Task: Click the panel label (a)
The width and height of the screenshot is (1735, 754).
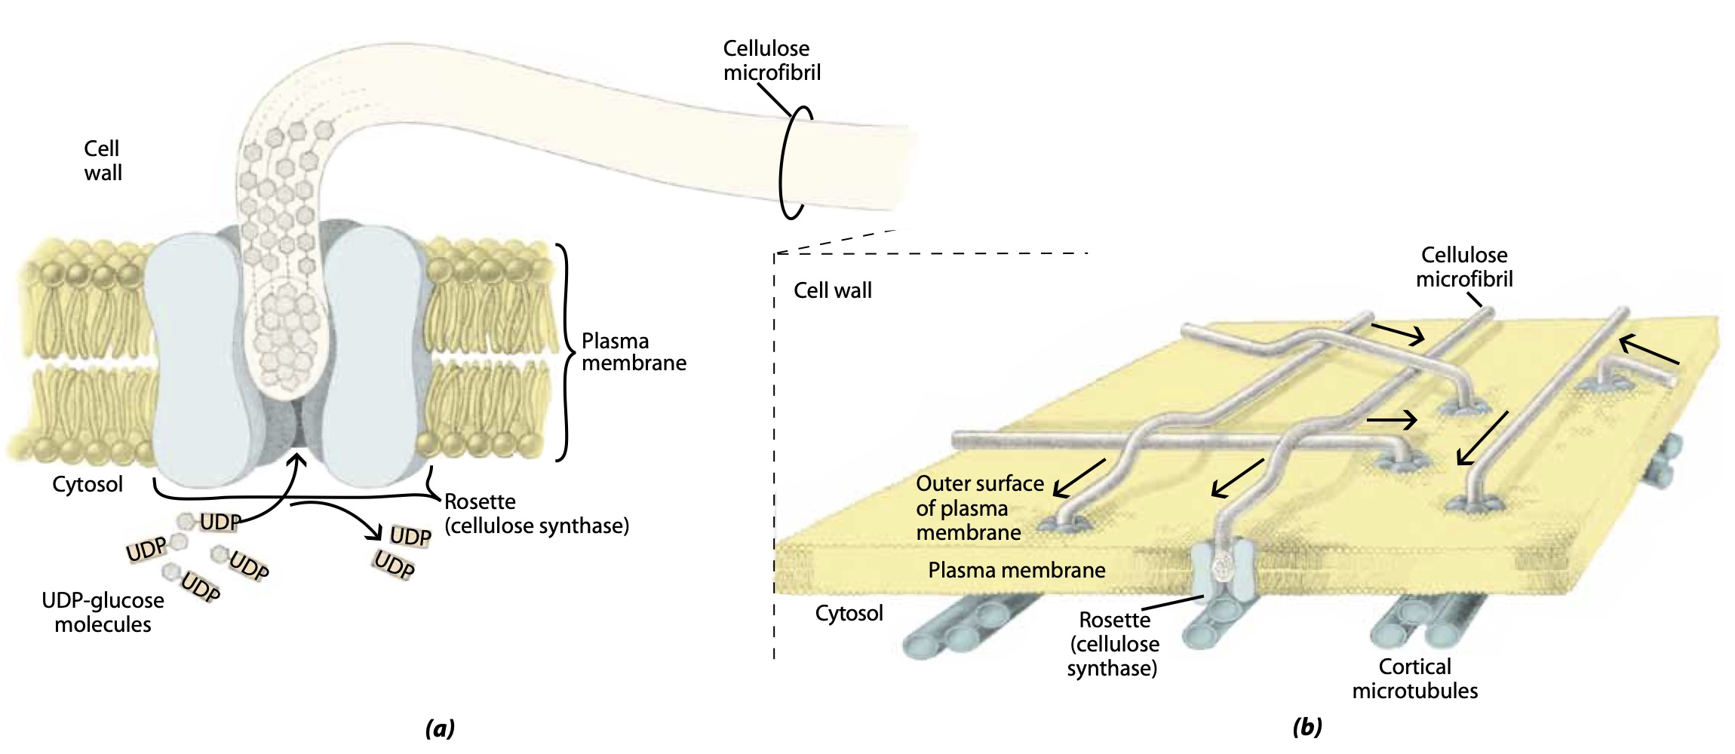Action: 440,728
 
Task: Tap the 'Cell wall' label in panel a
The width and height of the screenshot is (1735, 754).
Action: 103,161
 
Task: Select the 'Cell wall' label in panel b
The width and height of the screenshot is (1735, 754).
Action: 832,290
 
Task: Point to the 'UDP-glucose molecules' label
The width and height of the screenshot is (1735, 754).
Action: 103,612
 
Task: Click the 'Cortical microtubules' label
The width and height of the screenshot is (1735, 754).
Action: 1414,679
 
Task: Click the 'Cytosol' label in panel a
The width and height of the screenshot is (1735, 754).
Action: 88,484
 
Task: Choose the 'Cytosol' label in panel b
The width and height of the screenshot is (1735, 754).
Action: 849,613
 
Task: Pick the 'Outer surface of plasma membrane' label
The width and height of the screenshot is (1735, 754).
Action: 979,508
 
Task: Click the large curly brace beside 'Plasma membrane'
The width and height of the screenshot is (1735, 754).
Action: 564,352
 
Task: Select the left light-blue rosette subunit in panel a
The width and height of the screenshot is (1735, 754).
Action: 198,354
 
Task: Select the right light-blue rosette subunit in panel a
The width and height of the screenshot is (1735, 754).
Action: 370,354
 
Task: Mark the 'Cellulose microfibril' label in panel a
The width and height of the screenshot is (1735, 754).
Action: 771,60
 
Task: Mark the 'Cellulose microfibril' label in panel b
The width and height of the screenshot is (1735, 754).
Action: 1463,267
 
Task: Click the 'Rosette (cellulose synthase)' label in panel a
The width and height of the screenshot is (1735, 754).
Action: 536,513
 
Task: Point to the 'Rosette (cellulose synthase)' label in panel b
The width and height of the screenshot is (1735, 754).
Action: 1113,644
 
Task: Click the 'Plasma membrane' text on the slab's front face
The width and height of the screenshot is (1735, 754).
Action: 1016,570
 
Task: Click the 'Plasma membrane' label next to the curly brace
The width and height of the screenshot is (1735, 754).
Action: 633,352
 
